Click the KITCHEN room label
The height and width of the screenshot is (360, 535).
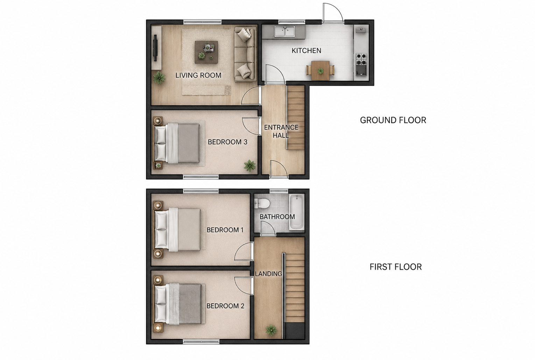tap(307, 51)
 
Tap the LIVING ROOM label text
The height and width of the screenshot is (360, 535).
tap(198, 76)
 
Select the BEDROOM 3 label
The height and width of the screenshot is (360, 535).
tap(227, 142)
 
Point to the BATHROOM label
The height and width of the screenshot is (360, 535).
tap(277, 217)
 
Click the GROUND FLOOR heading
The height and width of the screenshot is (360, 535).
tap(393, 120)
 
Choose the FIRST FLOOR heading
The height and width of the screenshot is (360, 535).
tap(395, 267)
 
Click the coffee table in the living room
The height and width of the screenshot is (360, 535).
tap(206, 52)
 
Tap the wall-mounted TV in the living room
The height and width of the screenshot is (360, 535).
tap(155, 48)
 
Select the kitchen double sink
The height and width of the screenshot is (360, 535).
tap(285, 32)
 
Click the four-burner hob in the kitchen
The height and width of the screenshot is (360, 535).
tap(361, 59)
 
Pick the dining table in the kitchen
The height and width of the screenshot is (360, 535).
tap(320, 70)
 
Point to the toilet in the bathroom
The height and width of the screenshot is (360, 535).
tap(262, 204)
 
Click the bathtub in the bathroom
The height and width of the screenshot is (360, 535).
tap(297, 212)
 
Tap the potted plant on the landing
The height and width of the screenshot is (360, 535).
tap(271, 330)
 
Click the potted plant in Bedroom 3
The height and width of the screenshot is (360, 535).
tap(250, 165)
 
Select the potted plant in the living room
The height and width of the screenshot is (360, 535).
tap(159, 77)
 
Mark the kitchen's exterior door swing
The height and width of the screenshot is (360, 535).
tap(333, 13)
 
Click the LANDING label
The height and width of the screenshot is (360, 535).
tap(268, 274)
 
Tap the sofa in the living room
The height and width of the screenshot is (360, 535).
tap(245, 55)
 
